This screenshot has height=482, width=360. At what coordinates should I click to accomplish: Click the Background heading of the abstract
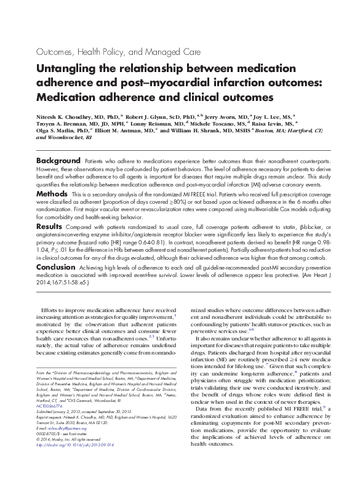click(x=60, y=159)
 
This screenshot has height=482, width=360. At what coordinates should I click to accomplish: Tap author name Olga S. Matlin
click(x=58, y=131)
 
